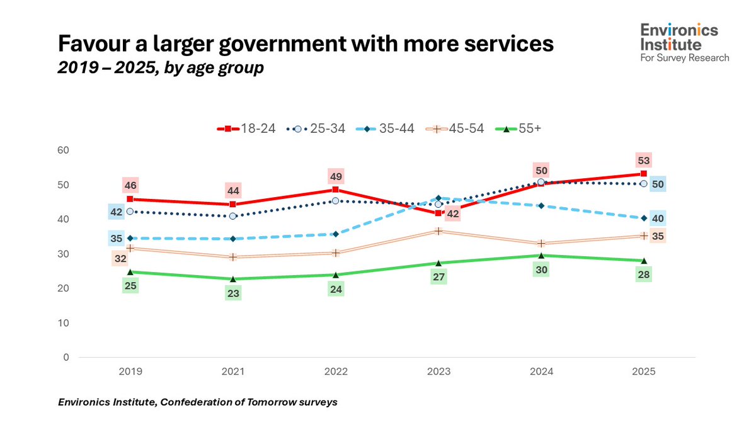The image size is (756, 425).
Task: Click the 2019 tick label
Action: pyautogui.click(x=130, y=371)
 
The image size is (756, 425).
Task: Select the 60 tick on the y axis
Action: pyautogui.click(x=62, y=150)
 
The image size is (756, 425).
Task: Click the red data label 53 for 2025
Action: pyautogui.click(x=644, y=160)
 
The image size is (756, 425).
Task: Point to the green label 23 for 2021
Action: pyautogui.click(x=233, y=293)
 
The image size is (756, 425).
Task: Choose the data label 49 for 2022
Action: pyautogui.click(x=336, y=176)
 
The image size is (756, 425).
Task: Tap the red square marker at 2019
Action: pyautogui.click(x=130, y=199)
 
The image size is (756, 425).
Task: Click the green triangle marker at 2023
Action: pyautogui.click(x=439, y=263)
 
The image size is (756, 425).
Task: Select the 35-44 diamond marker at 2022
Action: pyautogui.click(x=336, y=234)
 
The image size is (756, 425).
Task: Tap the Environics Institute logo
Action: pyautogui.click(x=684, y=43)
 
